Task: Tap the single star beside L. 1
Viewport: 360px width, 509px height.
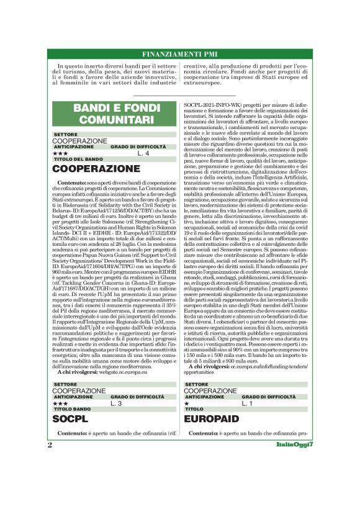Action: tap(187, 403)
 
